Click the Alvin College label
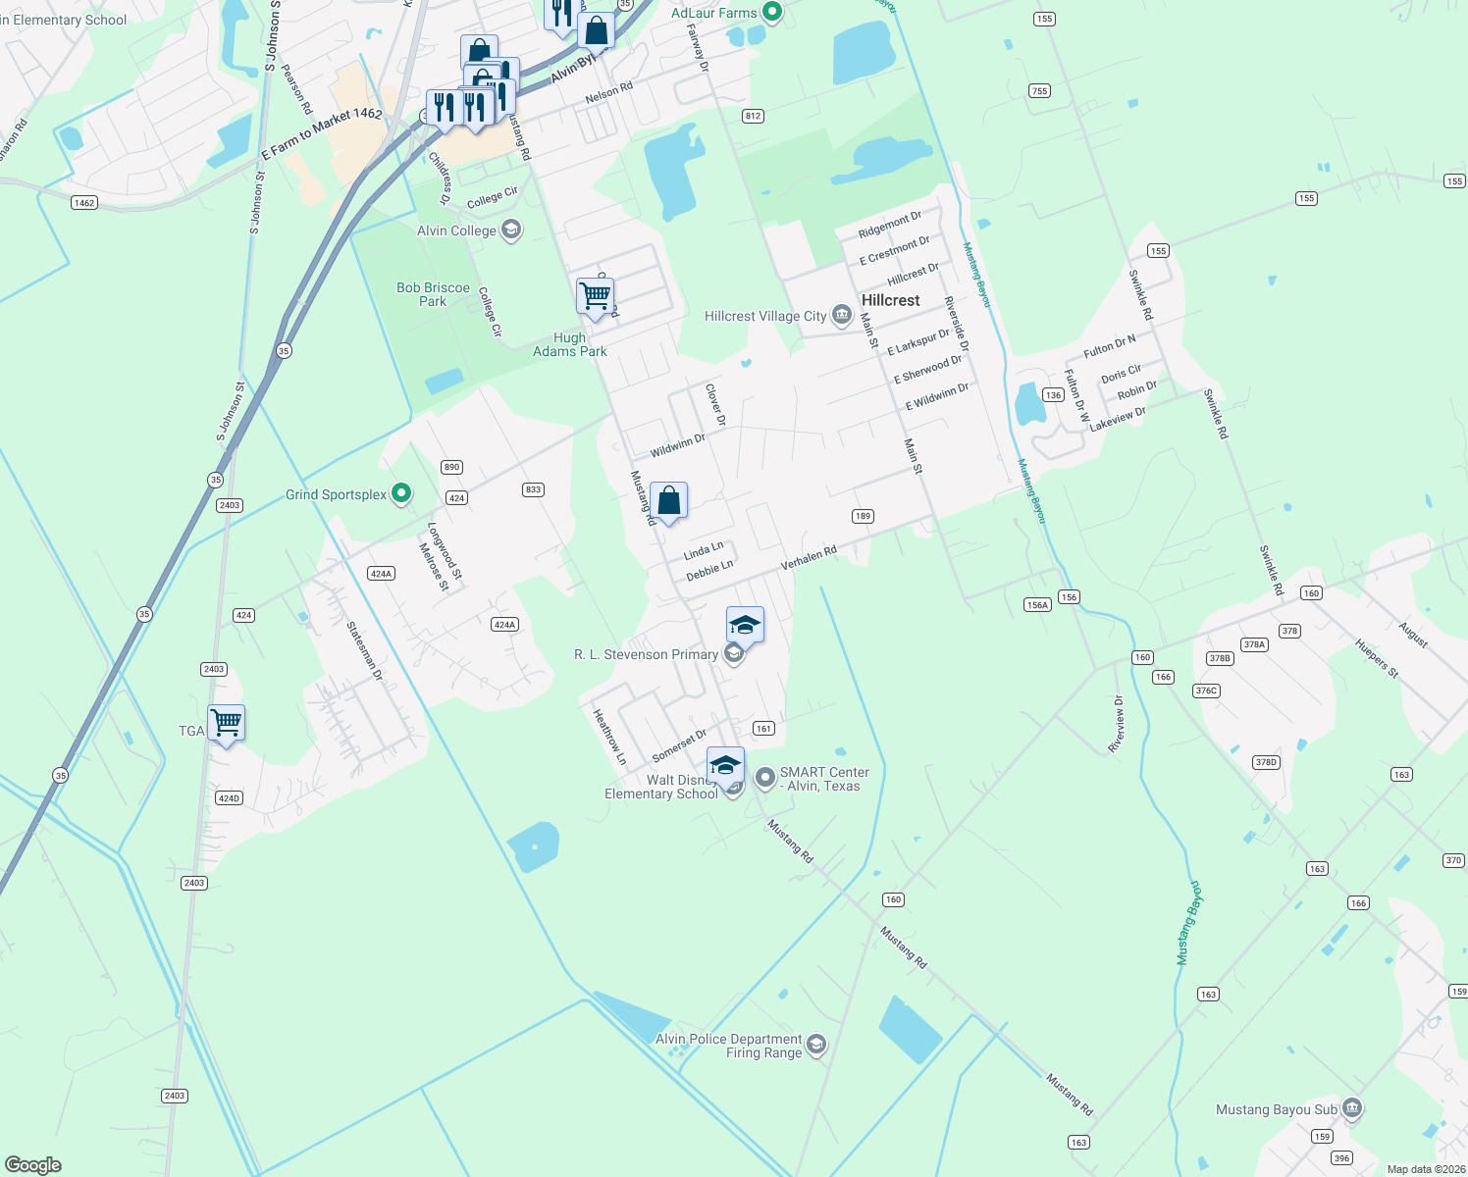456,230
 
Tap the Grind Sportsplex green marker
401,493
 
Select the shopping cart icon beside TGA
227,724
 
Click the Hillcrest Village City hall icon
841,315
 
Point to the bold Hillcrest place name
890,300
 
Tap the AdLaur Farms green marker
771,13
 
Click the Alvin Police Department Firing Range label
729,1046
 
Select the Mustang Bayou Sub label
1277,1109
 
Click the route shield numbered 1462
84,203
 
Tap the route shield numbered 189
863,516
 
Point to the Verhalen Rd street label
809,559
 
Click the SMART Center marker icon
765,779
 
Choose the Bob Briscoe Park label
433,294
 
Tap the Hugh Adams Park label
569,344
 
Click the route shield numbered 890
451,467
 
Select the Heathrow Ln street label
608,737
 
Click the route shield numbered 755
1040,91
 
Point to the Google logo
33,1165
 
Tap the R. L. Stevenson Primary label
646,654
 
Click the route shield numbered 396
1341,1158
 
